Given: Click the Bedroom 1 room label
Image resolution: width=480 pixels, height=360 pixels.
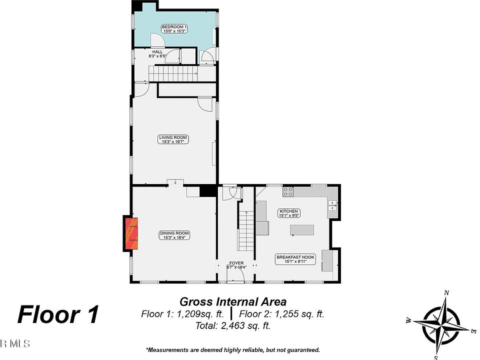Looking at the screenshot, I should (174, 28).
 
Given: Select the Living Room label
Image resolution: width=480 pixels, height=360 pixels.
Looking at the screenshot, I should (173, 139).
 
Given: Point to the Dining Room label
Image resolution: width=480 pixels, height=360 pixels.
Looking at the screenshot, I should (174, 235).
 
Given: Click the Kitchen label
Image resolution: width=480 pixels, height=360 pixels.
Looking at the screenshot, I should (289, 213).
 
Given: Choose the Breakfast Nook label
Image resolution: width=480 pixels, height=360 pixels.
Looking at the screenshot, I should (295, 258).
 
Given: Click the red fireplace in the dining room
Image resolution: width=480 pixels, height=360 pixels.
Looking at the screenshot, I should (132, 234).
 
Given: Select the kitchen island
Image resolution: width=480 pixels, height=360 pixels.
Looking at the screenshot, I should (302, 230).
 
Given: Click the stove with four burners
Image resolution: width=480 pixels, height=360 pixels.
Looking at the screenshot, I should (288, 191).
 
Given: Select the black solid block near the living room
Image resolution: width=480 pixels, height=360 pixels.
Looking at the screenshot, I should (206, 191).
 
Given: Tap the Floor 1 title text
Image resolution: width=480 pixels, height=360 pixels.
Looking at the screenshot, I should (58, 315).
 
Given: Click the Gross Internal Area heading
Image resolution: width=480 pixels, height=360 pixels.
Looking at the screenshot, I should (233, 301).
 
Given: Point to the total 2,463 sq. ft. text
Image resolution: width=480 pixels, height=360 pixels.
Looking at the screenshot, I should (233, 326).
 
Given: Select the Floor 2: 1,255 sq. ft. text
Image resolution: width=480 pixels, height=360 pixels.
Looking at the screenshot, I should (282, 314).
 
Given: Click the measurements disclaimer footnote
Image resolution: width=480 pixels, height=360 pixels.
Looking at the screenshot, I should (233, 350).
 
